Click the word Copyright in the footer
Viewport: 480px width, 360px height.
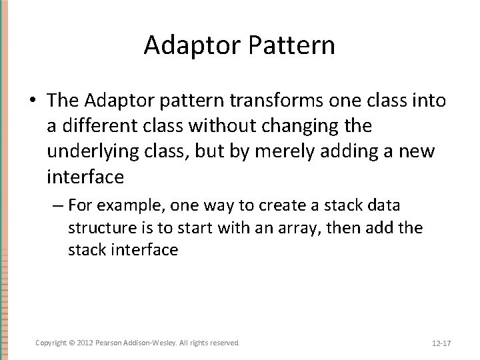click(51, 342)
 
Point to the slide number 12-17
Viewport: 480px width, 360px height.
click(441, 343)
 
